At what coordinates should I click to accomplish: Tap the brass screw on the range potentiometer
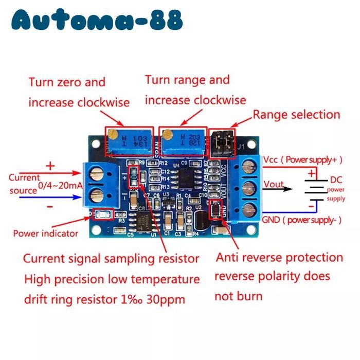166,135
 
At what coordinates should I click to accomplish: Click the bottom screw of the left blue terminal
96,194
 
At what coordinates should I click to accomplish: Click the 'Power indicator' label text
45,233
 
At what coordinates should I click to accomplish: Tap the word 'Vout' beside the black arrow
274,184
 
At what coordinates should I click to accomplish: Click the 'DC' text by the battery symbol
335,180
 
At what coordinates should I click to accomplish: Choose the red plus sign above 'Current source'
50,166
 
